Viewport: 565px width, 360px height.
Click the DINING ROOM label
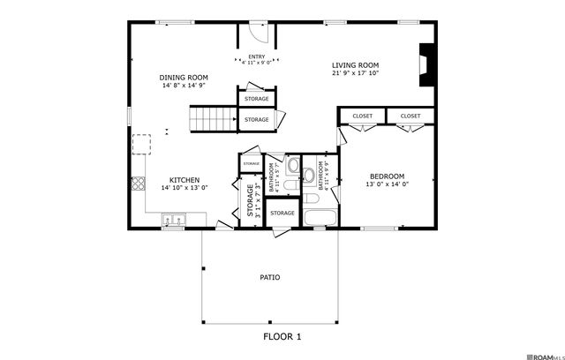(x=184, y=77)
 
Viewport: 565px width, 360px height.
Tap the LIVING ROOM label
(x=355, y=64)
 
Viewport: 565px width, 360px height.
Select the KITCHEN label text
(x=185, y=178)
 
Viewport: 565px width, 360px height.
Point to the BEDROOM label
(x=388, y=176)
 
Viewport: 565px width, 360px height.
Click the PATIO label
(x=269, y=277)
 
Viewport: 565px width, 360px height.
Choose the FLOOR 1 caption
(x=282, y=336)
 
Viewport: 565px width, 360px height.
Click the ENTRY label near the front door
(x=256, y=56)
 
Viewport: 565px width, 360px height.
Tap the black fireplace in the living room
(x=427, y=64)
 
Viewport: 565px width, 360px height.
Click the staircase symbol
(x=212, y=117)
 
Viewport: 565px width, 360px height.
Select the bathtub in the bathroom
(x=317, y=217)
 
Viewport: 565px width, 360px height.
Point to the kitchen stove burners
(x=138, y=184)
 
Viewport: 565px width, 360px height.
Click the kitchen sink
(x=171, y=218)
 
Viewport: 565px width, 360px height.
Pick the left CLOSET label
(x=363, y=116)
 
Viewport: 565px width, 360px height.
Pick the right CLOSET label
(x=411, y=116)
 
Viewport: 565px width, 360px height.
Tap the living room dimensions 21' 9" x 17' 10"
(x=355, y=74)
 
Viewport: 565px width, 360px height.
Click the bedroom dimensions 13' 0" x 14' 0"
(x=388, y=185)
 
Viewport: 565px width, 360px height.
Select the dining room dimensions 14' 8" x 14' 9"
(x=184, y=86)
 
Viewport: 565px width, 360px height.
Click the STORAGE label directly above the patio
(x=282, y=213)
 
